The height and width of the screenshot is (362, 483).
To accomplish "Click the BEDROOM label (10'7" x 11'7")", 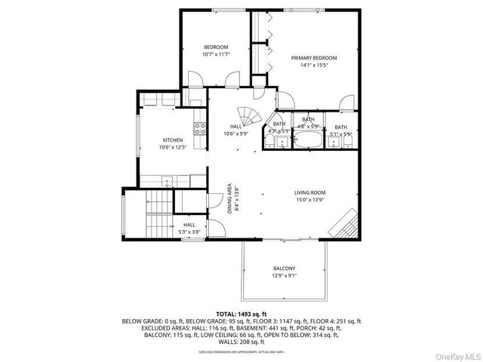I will click(215, 47).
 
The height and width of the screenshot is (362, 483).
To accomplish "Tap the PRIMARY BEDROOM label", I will click(314, 58).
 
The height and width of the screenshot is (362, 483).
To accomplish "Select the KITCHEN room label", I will click(173, 140).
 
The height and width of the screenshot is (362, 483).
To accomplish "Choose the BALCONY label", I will click(284, 268).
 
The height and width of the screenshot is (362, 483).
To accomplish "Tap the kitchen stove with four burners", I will click(201, 128).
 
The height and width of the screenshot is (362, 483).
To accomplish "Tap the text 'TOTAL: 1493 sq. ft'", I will click(241, 312).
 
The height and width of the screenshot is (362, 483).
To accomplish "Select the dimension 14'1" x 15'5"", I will click(314, 66).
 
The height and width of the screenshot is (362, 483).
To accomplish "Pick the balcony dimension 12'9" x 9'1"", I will click(284, 276).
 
